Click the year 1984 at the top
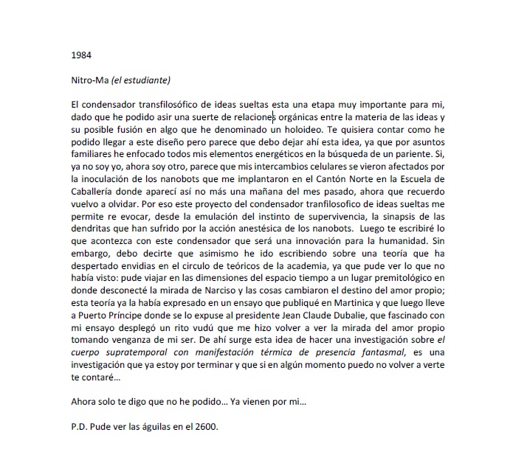(81, 55)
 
